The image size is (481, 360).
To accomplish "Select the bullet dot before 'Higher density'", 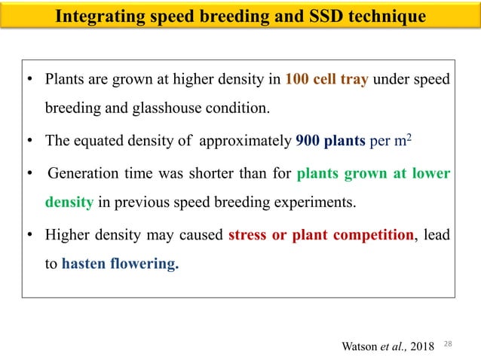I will [29, 236].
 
